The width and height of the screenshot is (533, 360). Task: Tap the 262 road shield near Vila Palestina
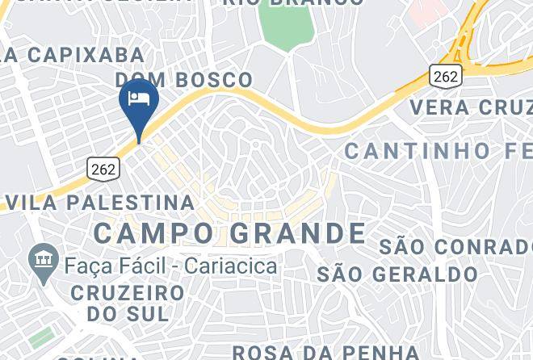click(x=103, y=169)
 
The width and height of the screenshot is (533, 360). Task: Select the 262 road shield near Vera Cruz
click(x=445, y=76)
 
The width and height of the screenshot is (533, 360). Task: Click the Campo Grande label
click(x=229, y=233)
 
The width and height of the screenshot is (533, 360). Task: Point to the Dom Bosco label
click(x=184, y=80)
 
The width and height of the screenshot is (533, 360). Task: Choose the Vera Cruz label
click(x=471, y=107)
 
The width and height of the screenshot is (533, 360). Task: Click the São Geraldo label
click(x=397, y=274)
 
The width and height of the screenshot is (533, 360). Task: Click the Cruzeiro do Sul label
click(x=127, y=302)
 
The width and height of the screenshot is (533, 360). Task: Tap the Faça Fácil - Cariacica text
click(x=171, y=266)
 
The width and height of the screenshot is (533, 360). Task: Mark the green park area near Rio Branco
click(x=287, y=28)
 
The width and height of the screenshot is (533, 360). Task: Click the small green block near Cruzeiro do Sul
click(x=42, y=337)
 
